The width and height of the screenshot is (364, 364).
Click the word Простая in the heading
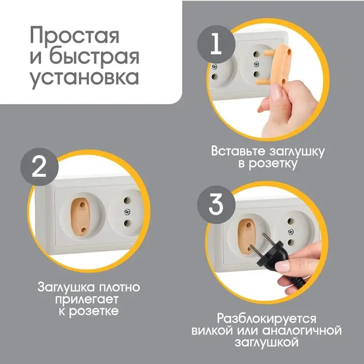(74, 37)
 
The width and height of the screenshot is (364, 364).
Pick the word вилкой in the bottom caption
(211, 330)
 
